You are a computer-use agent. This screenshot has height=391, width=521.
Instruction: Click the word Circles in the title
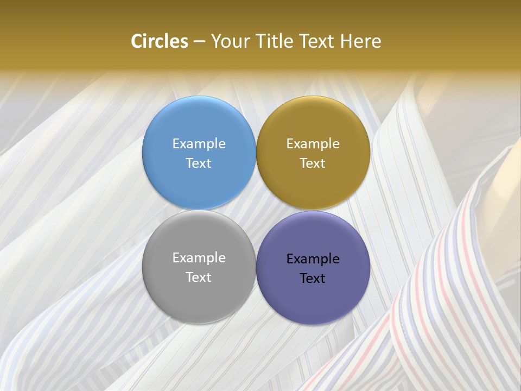(160, 41)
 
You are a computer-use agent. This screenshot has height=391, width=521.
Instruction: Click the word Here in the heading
(361, 41)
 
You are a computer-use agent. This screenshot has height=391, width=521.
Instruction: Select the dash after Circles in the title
(199, 42)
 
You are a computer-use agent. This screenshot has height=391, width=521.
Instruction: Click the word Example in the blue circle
(199, 144)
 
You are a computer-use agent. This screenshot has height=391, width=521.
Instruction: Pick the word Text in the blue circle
(199, 163)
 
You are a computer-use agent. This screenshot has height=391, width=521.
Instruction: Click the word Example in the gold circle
(313, 144)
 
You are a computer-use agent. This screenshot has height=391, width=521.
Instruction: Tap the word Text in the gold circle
(313, 163)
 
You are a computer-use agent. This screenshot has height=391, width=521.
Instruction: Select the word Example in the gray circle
(199, 258)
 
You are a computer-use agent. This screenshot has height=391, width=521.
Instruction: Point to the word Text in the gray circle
(199, 278)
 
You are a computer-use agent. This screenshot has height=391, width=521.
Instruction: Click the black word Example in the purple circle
(313, 259)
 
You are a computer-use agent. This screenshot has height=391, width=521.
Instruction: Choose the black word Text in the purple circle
(313, 279)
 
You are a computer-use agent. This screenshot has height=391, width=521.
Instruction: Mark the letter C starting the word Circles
(137, 41)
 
